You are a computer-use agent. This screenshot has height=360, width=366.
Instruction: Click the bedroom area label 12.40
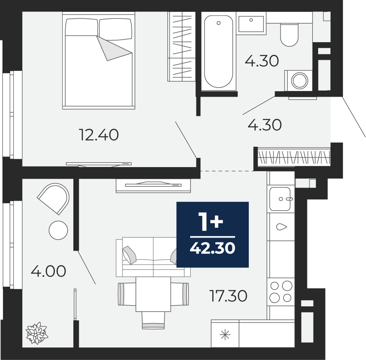(99, 135)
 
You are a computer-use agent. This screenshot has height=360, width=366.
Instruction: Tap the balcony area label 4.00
(48, 271)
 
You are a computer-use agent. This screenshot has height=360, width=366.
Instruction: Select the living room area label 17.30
(228, 296)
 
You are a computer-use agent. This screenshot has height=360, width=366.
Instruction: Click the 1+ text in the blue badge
(211, 222)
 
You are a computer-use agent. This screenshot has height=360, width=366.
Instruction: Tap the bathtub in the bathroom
(218, 52)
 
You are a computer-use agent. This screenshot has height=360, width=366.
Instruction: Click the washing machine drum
(300, 81)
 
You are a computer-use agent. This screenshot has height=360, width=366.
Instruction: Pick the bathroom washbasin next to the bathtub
(251, 24)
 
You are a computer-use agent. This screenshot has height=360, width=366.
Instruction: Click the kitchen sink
(280, 199)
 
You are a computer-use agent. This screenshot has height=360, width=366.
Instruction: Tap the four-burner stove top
(281, 292)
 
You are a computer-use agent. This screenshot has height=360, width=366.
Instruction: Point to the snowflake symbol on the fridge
(225, 335)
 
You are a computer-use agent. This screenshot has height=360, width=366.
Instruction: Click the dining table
(153, 294)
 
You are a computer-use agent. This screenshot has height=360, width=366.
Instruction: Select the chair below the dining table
(153, 320)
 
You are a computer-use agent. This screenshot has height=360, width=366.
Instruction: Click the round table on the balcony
(58, 230)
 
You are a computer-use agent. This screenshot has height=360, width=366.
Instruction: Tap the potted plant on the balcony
(37, 333)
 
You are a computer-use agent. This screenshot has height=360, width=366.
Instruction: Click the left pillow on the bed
(81, 27)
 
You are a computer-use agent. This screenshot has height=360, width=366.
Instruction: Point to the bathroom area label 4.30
(261, 61)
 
